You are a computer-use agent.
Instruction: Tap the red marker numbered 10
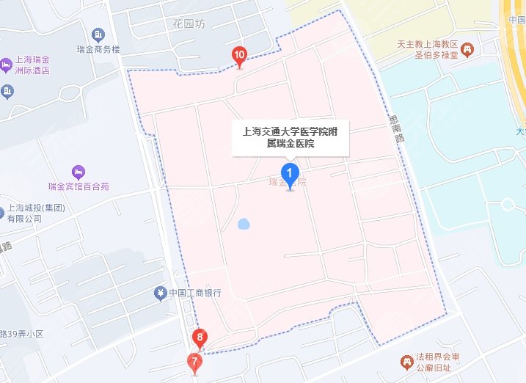(x=239, y=55)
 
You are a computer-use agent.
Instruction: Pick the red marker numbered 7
(x=194, y=361)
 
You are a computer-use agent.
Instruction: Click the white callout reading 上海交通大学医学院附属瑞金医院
(x=291, y=137)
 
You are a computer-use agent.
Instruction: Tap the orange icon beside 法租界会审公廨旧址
(x=405, y=362)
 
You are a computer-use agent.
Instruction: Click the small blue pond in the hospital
(x=244, y=222)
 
